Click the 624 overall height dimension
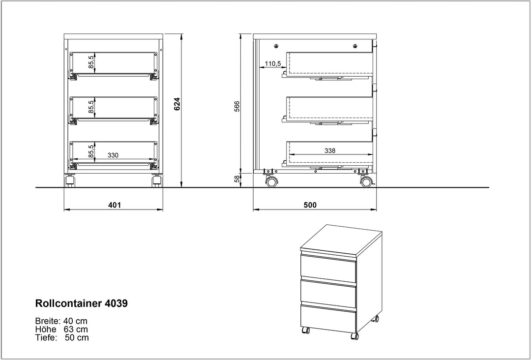click(x=177, y=104)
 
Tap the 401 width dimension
click(x=115, y=205)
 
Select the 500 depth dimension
click(x=310, y=205)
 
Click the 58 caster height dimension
click(x=236, y=180)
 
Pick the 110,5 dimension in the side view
click(x=272, y=63)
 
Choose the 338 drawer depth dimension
click(x=330, y=151)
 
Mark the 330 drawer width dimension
click(x=113, y=155)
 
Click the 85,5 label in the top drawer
click(x=91, y=63)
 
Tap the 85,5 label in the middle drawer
click(x=91, y=108)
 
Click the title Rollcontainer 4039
click(x=82, y=303)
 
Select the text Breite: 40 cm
click(x=62, y=320)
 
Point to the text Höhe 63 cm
click(x=62, y=329)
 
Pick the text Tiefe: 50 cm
click(x=62, y=338)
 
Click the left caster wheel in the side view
click(x=270, y=182)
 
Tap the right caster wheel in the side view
click(x=365, y=182)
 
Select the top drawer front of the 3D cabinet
click(x=328, y=270)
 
